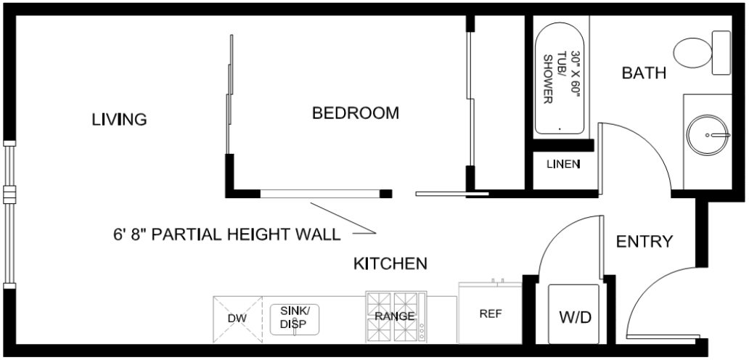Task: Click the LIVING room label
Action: click(119, 119)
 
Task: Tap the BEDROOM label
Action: click(356, 113)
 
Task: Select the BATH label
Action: click(644, 73)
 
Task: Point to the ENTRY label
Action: click(644, 242)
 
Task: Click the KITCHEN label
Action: click(390, 263)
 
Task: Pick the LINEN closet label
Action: click(563, 165)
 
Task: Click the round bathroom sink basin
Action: click(708, 135)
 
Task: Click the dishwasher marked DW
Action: click(237, 319)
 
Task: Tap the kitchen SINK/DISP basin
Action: click(294, 319)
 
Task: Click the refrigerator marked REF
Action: click(490, 314)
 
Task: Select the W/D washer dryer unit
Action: click(573, 314)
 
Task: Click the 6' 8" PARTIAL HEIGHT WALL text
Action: click(227, 234)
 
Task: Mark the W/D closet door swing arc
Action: click(554, 234)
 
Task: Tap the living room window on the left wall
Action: click(9, 215)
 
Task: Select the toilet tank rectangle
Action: click(721, 52)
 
